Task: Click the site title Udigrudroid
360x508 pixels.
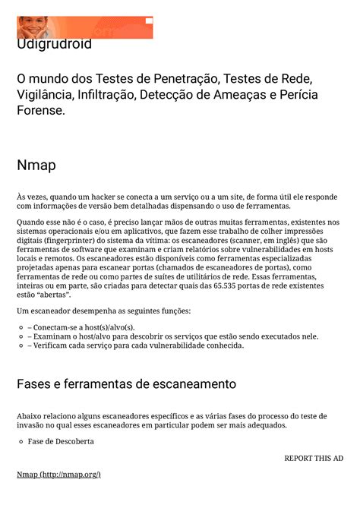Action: point(54,45)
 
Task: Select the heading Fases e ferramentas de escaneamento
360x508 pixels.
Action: point(126,383)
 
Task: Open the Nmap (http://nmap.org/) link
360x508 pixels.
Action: point(58,475)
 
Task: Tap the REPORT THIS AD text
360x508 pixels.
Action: point(314,458)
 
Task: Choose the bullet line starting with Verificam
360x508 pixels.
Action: point(136,346)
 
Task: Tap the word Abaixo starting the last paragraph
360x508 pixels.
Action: point(31,416)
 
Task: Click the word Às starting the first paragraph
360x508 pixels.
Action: point(22,196)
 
